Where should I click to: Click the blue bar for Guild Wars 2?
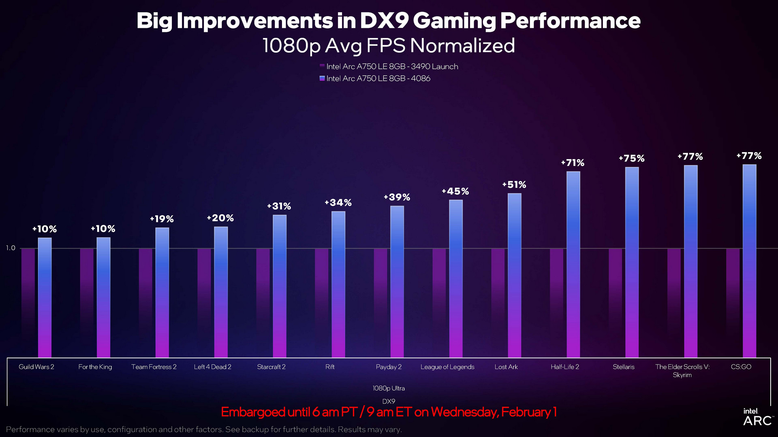45,297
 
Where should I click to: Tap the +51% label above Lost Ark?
514,185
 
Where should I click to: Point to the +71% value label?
573,163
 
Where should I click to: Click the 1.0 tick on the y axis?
11,248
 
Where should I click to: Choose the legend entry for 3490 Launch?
389,67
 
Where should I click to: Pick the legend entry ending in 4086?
375,78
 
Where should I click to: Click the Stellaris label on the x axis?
624,367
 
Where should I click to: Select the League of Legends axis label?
447,367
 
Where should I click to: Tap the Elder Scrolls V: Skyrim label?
682,371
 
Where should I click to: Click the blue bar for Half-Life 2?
573,265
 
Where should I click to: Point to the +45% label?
455,191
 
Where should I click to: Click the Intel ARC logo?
757,417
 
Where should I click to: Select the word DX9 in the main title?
384,21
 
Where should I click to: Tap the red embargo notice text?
389,412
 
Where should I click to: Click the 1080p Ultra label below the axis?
389,388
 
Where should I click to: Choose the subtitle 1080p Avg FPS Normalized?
389,46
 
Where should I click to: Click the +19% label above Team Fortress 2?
162,219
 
